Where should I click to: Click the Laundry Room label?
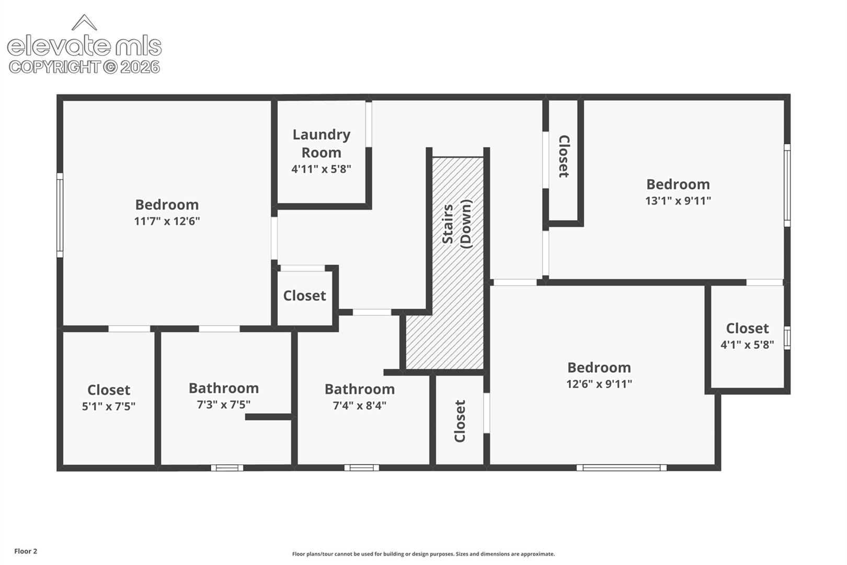tap(322, 143)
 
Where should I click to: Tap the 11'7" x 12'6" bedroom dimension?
tap(167, 221)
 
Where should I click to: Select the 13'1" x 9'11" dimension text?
tap(678, 200)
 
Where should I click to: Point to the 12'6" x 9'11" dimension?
tap(599, 384)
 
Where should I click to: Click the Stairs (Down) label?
tap(457, 224)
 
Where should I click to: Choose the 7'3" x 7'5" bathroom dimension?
tap(223, 404)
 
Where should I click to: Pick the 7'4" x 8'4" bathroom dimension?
tap(360, 405)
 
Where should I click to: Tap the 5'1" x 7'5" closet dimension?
tap(109, 406)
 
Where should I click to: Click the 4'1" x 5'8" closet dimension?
tap(747, 345)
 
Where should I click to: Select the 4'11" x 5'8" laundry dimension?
tap(321, 169)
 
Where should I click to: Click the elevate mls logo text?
tap(84, 47)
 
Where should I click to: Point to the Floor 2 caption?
tap(26, 551)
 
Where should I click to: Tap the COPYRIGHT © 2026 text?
tap(84, 67)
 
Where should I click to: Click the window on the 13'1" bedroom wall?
tap(787, 185)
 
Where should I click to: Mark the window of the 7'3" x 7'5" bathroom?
tap(227, 468)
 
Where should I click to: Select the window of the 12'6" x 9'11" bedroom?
tap(621, 468)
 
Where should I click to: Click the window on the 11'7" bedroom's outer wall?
tap(60, 216)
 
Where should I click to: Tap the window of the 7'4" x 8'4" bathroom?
tap(361, 468)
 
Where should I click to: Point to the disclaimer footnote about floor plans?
tap(423, 554)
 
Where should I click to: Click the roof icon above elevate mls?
tap(84, 22)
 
